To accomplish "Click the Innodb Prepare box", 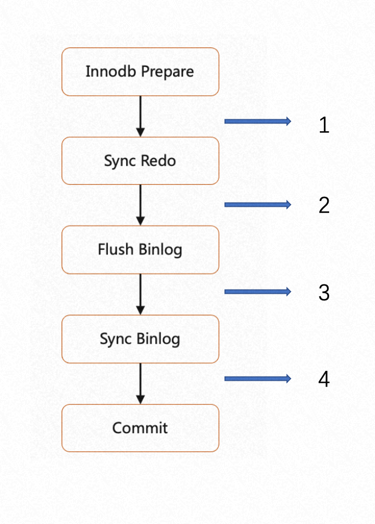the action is pos(141,71).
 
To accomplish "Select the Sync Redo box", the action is pos(141,161).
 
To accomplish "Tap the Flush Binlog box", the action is pos(141,249).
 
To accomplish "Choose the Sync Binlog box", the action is pos(141,339).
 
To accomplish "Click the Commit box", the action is pos(141,428).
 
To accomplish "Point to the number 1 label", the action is pos(324,125).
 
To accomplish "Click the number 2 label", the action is pos(324,205).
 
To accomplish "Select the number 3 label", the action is pos(324,293).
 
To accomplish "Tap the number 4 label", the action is pos(324,379).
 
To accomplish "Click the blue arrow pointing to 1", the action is pos(258,121).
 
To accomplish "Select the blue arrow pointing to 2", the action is pos(258,205).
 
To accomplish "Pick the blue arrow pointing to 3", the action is pos(258,292).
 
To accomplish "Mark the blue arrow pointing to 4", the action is pos(258,379).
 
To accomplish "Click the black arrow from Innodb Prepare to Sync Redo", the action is pos(141,116).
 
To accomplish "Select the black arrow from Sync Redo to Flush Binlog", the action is pos(141,205).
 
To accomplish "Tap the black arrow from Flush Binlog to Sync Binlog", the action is pos(141,294).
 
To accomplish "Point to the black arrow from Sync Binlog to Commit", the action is pos(141,384).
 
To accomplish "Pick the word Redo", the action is pos(158,161).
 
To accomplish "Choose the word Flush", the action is pos(116,249).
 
